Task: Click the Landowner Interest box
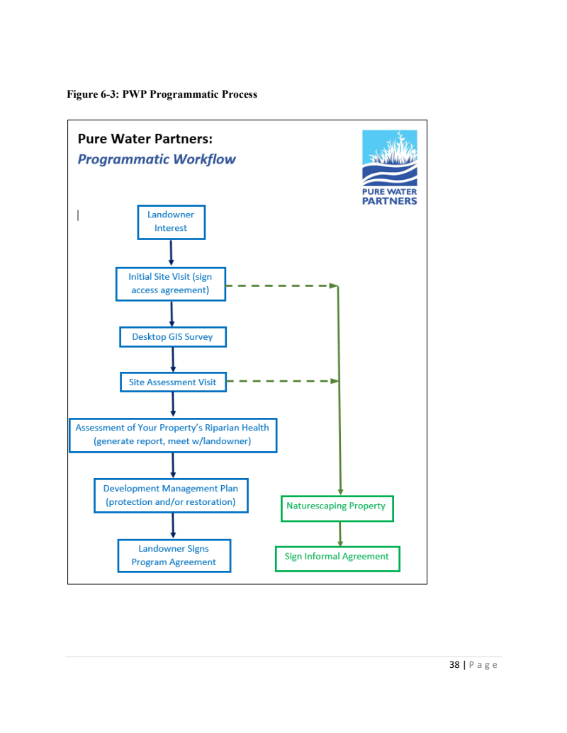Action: (171, 222)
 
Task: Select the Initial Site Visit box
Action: (171, 283)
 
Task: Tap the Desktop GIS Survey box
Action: (173, 337)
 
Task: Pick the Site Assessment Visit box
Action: (173, 382)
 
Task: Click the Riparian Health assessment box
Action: (173, 435)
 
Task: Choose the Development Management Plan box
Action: (171, 495)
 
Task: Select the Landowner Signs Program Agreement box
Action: (174, 555)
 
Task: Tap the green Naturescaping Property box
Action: (337, 507)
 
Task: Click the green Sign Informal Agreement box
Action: (337, 557)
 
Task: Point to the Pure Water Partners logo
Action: (389, 166)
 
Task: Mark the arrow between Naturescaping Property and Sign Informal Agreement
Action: (340, 533)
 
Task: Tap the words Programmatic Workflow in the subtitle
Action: (157, 159)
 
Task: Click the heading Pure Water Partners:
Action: (145, 138)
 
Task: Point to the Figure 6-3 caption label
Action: (162, 94)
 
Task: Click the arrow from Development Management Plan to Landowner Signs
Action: (173, 525)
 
